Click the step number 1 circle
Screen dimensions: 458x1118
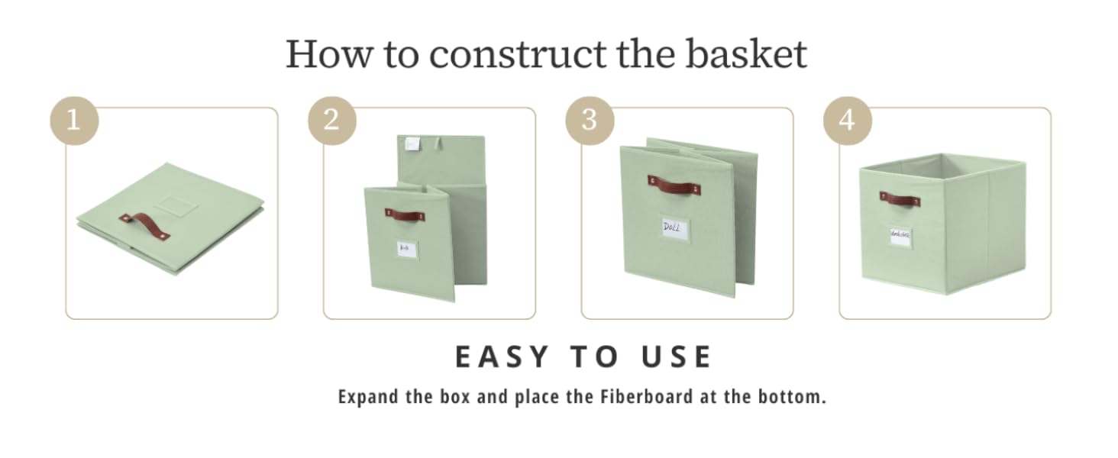[x=73, y=120]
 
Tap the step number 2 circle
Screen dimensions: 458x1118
[x=331, y=120]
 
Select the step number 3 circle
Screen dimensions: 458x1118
[x=589, y=120]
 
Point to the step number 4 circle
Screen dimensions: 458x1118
[x=847, y=120]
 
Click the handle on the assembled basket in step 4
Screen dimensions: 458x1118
[x=899, y=199]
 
